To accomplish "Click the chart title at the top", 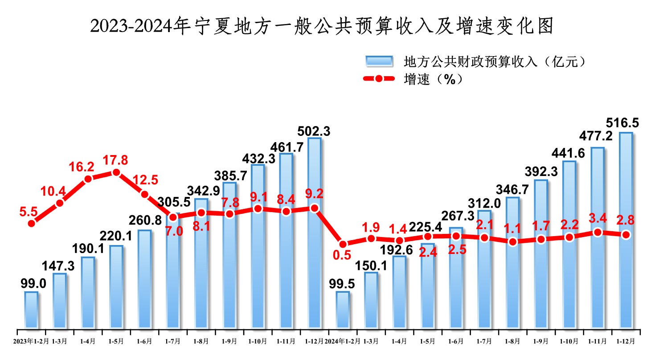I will (x=322, y=27).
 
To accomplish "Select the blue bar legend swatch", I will (x=379, y=61).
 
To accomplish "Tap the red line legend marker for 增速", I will (x=379, y=79).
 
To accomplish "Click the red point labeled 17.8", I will (x=116, y=172).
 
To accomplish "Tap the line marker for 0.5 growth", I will (x=343, y=244).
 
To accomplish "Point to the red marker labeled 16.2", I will (x=88, y=179).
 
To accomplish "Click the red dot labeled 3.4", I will (x=598, y=232).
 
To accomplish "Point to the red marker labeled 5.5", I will (x=31, y=223).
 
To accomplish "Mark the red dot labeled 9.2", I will (x=314, y=208).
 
